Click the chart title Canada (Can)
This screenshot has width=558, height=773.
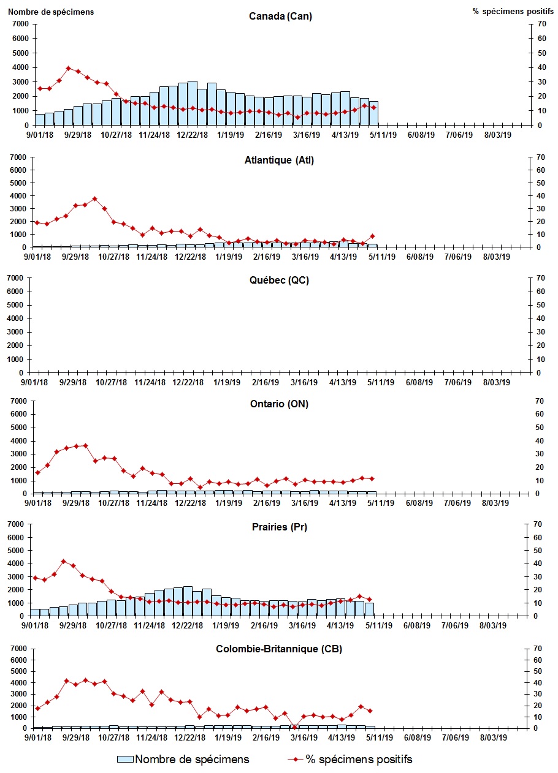(280, 16)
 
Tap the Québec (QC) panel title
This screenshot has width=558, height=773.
(279, 280)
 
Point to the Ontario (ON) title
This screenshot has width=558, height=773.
(280, 404)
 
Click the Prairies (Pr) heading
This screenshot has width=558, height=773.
(279, 527)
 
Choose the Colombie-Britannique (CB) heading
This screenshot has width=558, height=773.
(280, 649)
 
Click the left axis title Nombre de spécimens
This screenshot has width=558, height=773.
(52, 12)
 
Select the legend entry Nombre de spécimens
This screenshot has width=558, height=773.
(183, 760)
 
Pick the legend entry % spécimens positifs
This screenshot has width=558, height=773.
(350, 760)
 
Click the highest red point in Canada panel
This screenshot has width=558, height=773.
(69, 69)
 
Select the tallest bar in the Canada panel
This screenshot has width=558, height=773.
(193, 103)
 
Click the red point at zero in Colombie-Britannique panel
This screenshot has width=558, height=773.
(295, 727)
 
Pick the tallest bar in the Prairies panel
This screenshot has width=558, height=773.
(188, 601)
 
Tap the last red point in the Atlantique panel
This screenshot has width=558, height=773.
(372, 236)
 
